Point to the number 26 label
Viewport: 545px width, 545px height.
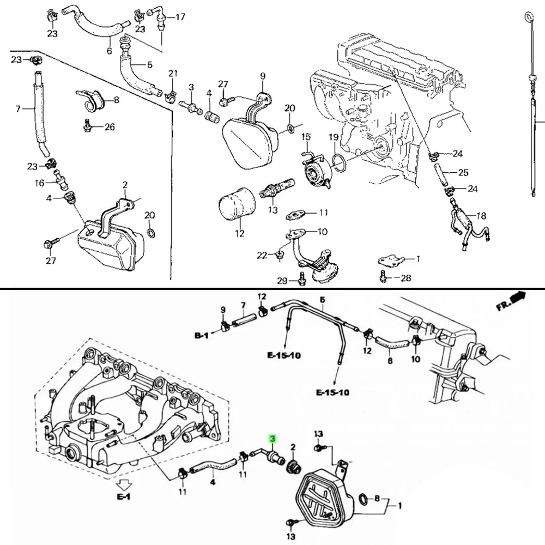110,127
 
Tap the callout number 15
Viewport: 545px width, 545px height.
306,136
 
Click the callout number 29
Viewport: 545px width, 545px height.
282,281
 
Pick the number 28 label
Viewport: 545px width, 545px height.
406,278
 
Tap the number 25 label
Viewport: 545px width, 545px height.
463,173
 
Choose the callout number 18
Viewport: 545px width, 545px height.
481,215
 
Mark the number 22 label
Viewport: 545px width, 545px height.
262,255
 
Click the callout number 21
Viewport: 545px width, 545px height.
173,74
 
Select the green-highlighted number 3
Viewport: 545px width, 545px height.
272,438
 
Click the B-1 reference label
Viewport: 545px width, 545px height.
201,337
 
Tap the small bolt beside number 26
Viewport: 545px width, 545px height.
87,126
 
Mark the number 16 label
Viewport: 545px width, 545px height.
40,183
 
